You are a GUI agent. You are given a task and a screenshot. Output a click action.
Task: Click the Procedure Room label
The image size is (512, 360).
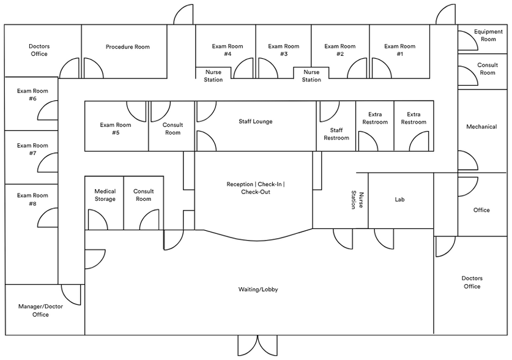[127, 47]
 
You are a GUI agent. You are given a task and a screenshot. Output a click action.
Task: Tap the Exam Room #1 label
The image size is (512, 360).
[399, 50]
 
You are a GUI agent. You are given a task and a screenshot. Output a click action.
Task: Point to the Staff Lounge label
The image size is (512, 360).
[255, 122]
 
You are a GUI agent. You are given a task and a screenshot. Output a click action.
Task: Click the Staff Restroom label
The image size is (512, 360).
[336, 134]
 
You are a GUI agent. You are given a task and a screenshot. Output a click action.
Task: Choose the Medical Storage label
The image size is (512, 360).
[105, 195]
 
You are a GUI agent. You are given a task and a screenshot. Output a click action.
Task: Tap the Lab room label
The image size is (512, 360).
[399, 200]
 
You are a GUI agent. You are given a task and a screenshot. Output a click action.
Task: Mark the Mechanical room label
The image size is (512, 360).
[481, 127]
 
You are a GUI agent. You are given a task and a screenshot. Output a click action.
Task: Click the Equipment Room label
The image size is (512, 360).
[488, 36]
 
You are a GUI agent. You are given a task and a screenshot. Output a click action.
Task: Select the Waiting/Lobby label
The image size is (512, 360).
[258, 290]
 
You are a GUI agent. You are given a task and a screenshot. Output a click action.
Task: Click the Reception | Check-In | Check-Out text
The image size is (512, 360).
[255, 188]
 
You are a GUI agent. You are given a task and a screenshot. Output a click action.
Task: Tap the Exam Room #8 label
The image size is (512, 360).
[32, 200]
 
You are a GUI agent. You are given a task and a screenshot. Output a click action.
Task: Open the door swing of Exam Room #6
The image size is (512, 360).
[49, 108]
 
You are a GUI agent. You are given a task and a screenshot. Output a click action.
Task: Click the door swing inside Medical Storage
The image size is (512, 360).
[97, 219]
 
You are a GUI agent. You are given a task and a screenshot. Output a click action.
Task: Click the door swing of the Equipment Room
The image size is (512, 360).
[467, 40]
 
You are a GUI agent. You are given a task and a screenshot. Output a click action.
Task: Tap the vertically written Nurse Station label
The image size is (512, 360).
[357, 200]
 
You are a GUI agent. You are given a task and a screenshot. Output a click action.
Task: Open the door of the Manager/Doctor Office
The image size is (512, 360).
[72, 294]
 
